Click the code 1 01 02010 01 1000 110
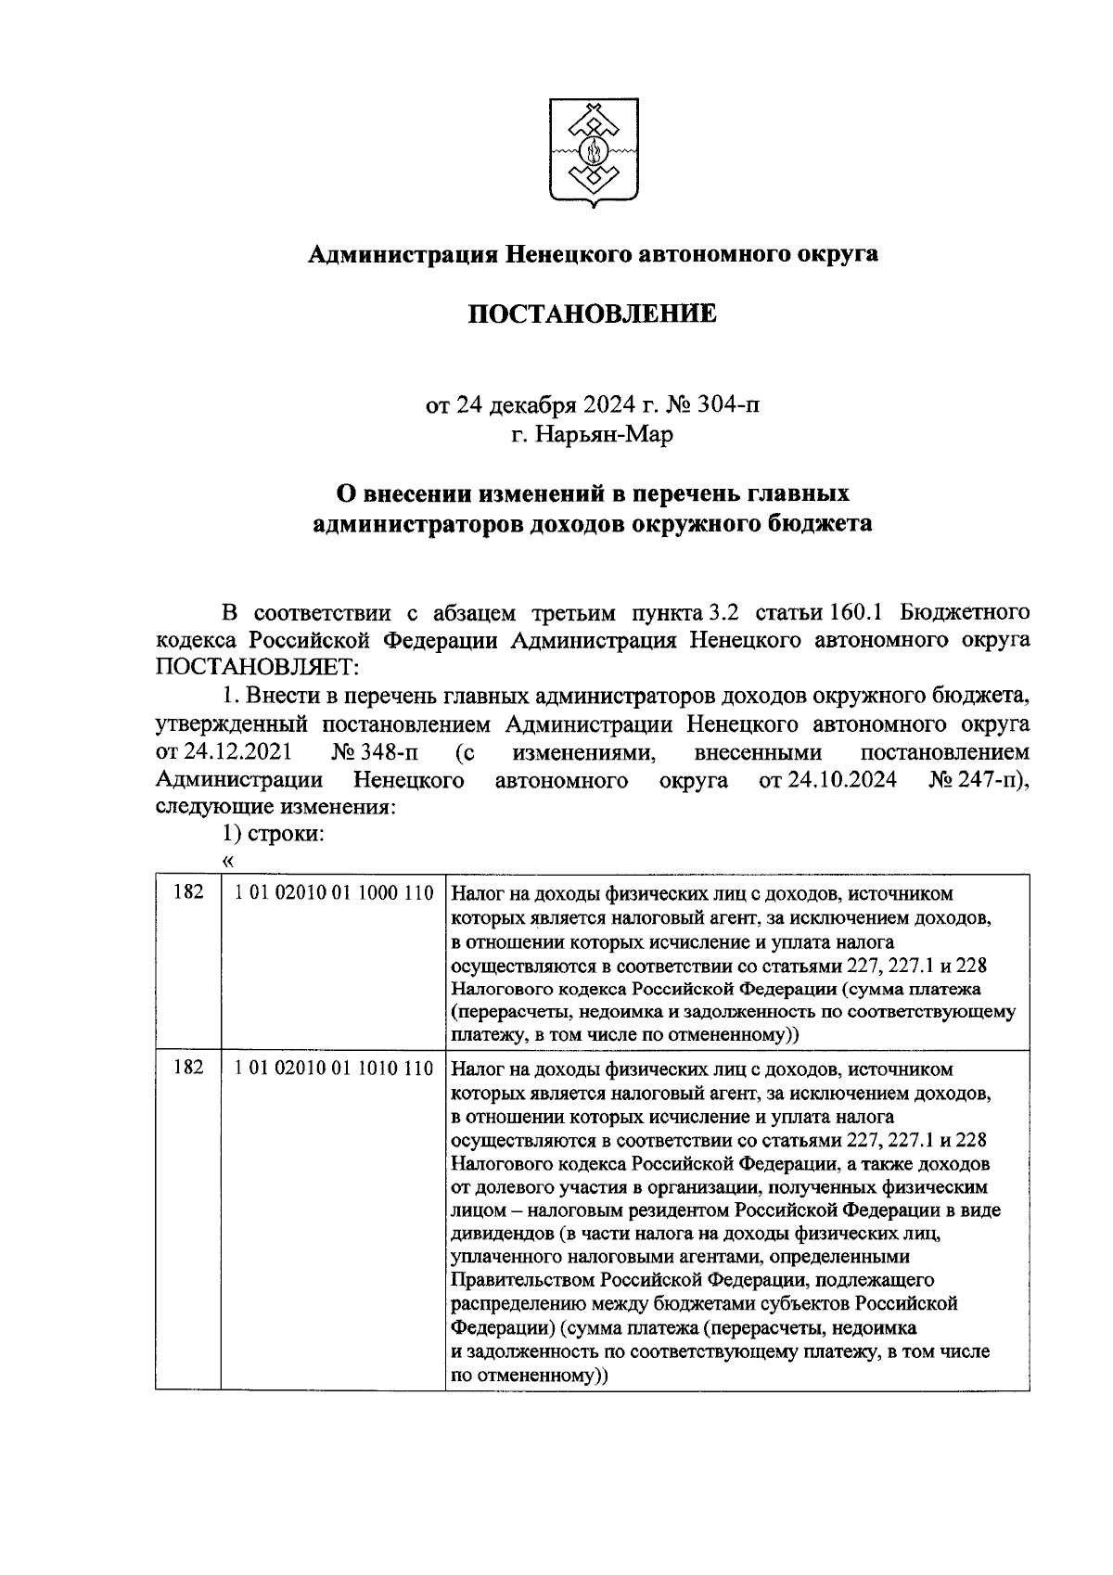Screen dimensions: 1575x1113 [334, 893]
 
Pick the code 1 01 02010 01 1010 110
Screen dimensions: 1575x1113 [334, 1069]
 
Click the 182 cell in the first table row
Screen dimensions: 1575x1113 [188, 893]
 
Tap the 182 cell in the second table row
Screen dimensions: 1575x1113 [188, 1069]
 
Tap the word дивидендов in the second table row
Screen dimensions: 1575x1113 [496, 1235]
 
